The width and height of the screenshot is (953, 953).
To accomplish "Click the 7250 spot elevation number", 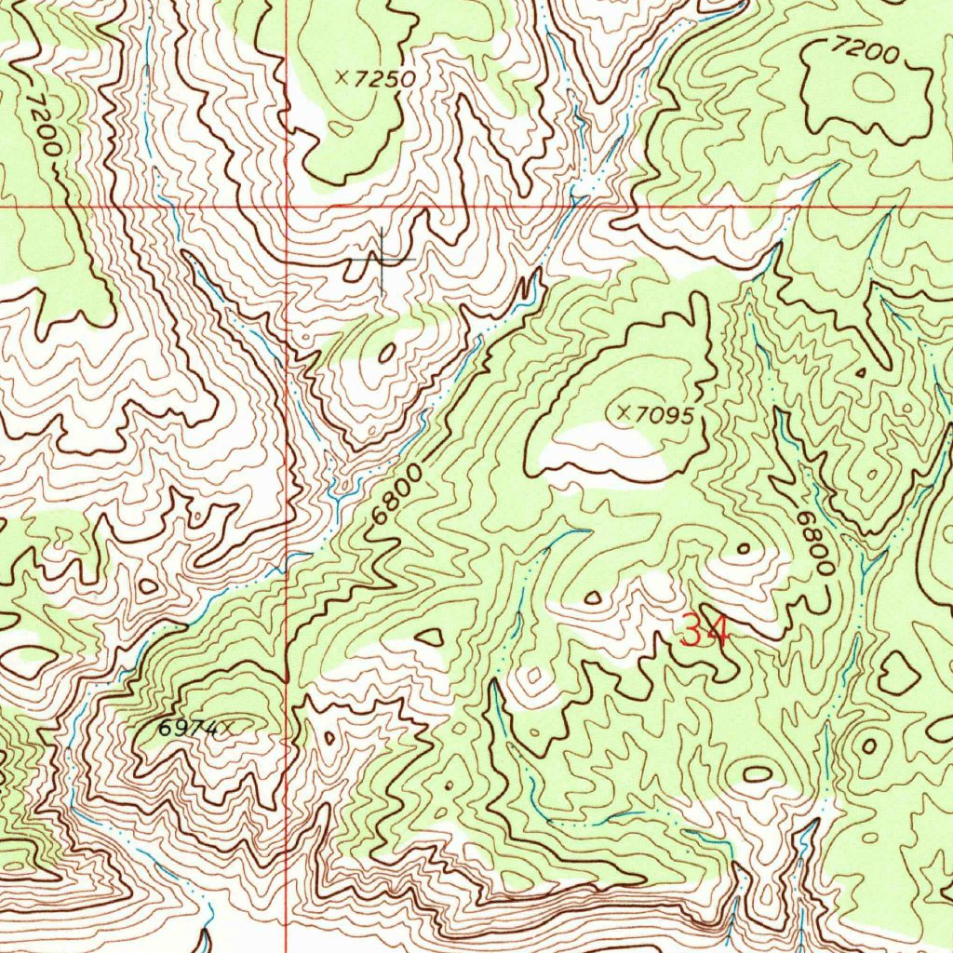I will click(x=383, y=80).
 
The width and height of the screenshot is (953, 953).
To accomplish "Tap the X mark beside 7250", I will click(x=342, y=80).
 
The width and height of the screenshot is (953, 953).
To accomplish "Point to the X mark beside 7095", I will click(x=624, y=409).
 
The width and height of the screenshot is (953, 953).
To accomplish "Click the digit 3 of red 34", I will click(x=692, y=631).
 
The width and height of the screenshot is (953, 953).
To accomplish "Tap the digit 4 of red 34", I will click(x=718, y=631).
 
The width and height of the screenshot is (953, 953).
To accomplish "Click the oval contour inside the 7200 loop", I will click(x=873, y=88).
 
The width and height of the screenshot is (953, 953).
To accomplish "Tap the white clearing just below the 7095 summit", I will click(x=605, y=447).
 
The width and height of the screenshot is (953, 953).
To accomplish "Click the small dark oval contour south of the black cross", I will click(x=386, y=352).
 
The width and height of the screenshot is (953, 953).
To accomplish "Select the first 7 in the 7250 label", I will click(x=361, y=80).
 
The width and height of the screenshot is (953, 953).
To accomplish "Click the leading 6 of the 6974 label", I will click(x=164, y=730).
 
